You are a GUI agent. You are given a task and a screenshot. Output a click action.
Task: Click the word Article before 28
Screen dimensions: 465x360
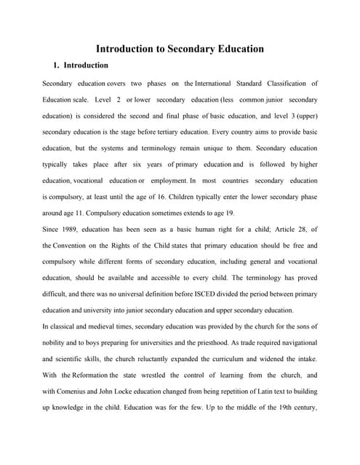(x=273, y=230)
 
